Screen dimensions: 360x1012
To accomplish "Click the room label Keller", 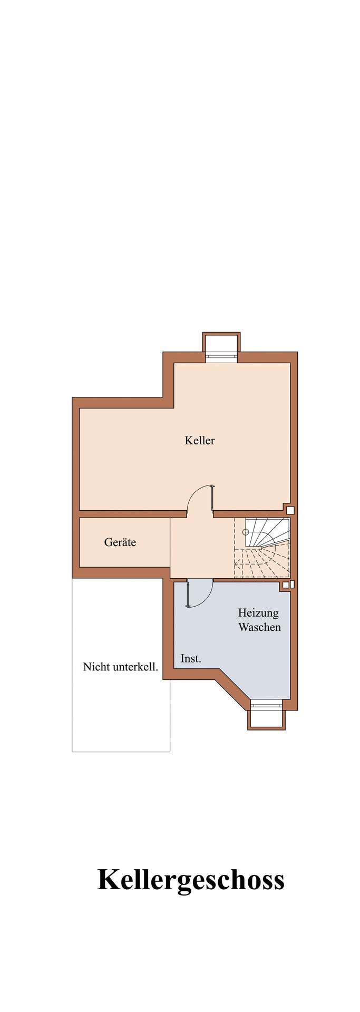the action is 199,440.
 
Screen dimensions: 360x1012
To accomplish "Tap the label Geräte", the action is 120,542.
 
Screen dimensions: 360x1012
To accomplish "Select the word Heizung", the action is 258,613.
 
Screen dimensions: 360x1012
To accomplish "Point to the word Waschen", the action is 259,627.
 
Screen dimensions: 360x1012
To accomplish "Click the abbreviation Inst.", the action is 191,658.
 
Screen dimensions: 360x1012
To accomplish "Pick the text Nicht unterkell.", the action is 121,667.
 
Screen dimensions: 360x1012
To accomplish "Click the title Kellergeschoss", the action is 191,880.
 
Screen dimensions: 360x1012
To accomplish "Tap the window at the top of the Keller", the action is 222,355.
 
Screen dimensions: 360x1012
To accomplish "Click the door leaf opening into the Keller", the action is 212,498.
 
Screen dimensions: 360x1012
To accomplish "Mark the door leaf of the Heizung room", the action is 187,593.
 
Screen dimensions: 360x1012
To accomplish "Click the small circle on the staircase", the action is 245,532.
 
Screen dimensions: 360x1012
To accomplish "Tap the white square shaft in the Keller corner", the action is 289,509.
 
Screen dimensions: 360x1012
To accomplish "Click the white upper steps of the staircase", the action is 267,531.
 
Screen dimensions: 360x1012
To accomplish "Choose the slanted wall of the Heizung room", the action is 233,685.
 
